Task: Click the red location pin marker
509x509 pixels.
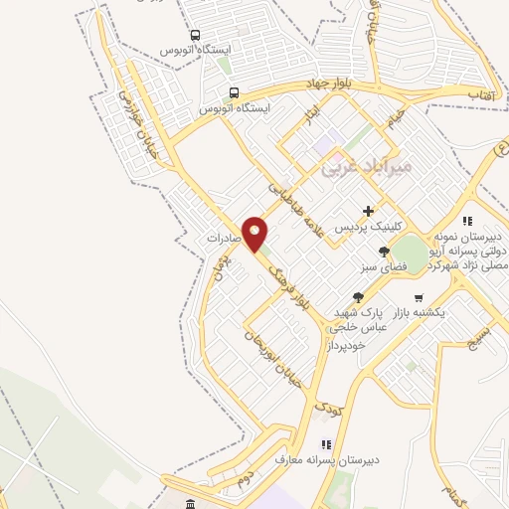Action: pyautogui.click(x=255, y=234)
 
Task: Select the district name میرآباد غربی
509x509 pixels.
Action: pyautogui.click(x=364, y=169)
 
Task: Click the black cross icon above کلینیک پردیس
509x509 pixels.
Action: pyautogui.click(x=369, y=211)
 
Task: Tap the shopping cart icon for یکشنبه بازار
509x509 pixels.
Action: pyautogui.click(x=419, y=297)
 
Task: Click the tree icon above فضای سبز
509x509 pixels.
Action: pyautogui.click(x=384, y=252)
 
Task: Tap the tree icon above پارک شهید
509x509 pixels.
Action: pyautogui.click(x=358, y=296)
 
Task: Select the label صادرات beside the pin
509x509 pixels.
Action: pyautogui.click(x=226, y=240)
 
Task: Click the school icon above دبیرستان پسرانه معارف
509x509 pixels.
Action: pyautogui.click(x=325, y=444)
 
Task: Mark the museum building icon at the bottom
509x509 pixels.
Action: pyautogui.click(x=191, y=496)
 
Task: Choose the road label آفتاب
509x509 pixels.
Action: pyautogui.click(x=483, y=91)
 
